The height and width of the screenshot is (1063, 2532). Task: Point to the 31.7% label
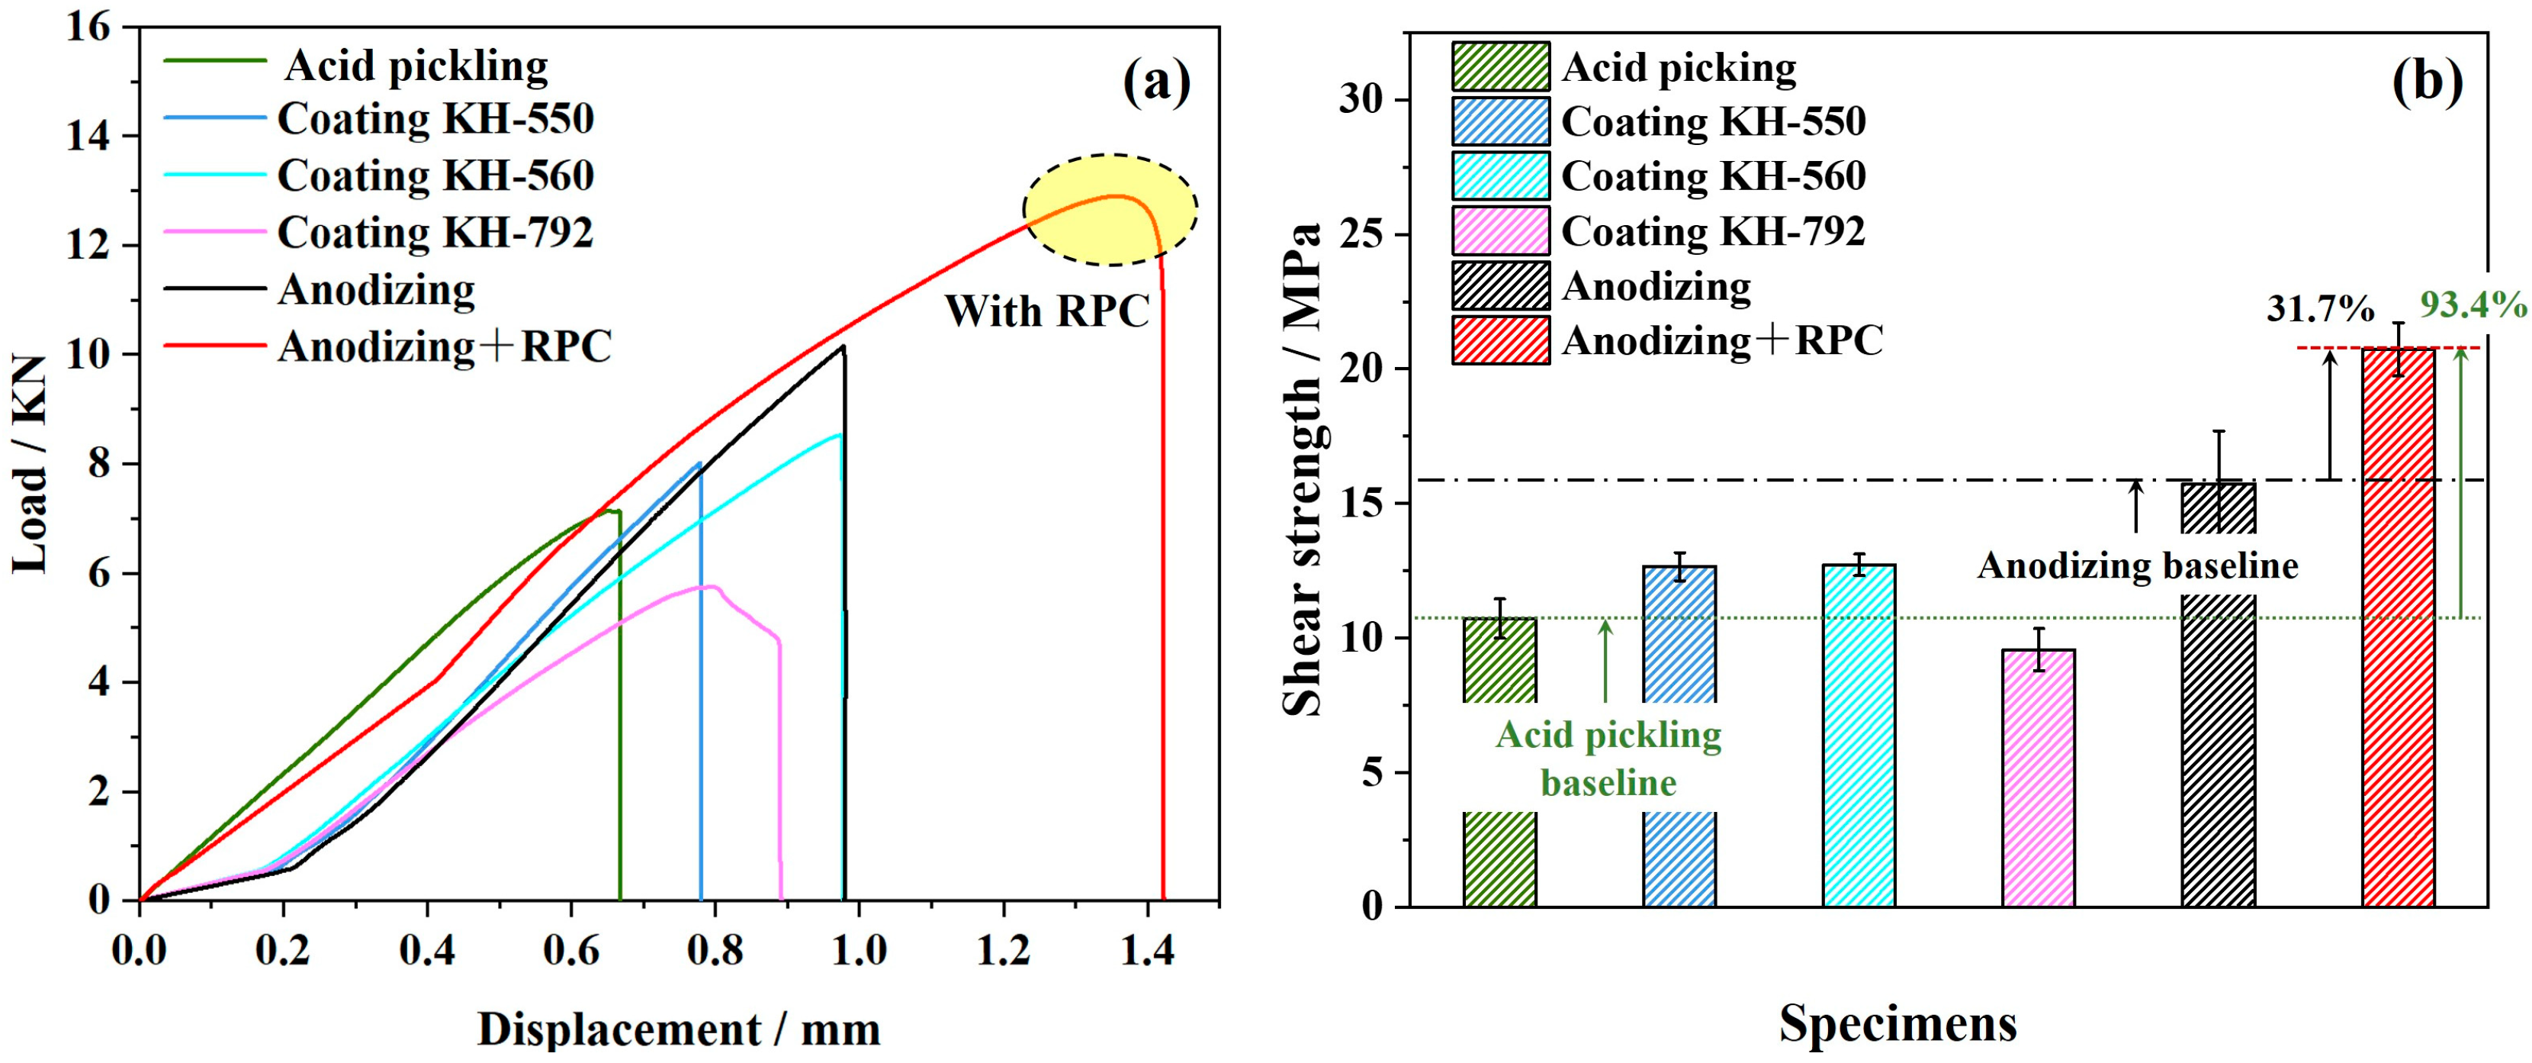pyautogui.click(x=2320, y=310)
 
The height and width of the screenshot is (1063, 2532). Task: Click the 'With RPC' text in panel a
pyautogui.click(x=1047, y=311)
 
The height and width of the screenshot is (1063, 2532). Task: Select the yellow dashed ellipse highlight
pyautogui.click(x=1110, y=209)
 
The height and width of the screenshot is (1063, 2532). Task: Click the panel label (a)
pyautogui.click(x=1156, y=82)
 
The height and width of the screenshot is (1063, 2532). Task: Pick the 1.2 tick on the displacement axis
pyautogui.click(x=1003, y=951)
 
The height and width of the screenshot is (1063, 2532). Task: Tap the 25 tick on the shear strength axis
pyautogui.click(x=1361, y=235)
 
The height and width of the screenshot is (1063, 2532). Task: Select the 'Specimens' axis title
pyautogui.click(x=1897, y=1023)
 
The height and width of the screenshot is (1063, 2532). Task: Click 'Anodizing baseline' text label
pyautogui.click(x=2138, y=565)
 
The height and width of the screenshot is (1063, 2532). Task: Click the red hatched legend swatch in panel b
pyautogui.click(x=1500, y=340)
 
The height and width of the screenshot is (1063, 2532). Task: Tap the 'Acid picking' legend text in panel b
pyautogui.click(x=1678, y=67)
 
